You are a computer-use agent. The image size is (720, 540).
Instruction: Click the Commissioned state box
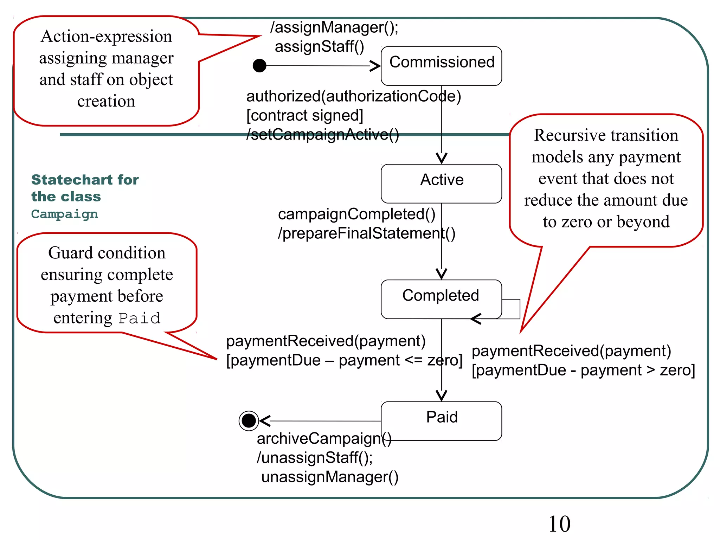(x=441, y=66)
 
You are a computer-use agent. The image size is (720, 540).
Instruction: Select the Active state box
(x=441, y=183)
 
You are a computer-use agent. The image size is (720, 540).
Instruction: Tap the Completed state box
(x=441, y=299)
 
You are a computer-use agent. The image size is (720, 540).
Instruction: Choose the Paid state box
(x=441, y=421)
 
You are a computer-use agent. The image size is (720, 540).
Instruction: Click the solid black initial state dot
(x=259, y=65)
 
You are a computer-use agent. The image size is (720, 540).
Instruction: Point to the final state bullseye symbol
(x=249, y=420)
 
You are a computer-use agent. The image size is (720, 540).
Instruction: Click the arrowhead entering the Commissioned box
(x=376, y=66)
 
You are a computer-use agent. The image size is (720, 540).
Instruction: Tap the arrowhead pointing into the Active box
(x=442, y=158)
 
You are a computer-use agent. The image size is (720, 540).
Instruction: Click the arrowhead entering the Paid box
(x=442, y=396)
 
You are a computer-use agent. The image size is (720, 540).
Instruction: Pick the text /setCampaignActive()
(x=322, y=135)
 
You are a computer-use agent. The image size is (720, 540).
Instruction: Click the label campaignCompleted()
(x=356, y=214)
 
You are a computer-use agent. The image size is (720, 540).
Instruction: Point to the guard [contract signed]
(x=304, y=115)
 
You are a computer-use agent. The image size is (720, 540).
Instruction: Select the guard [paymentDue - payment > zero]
(x=583, y=370)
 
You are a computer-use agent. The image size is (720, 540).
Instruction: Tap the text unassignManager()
(x=330, y=477)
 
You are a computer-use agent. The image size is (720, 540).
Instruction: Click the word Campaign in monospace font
(x=64, y=214)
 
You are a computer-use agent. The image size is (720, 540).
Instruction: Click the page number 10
(x=559, y=524)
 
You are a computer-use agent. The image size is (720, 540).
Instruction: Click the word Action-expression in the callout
(x=106, y=37)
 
